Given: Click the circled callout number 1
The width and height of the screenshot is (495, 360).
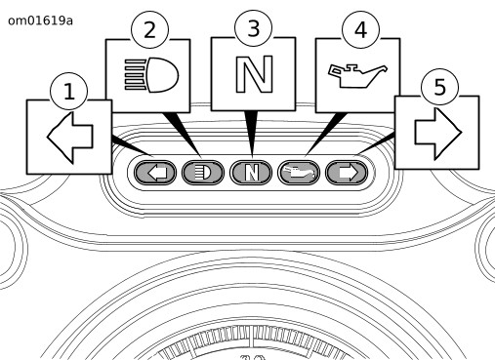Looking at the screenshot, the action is [x=69, y=91].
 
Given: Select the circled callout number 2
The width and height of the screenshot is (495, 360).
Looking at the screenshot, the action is [x=149, y=30].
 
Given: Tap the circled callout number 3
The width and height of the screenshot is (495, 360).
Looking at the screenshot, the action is [x=253, y=28].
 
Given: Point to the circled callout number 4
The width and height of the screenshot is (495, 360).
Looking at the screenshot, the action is [x=360, y=30].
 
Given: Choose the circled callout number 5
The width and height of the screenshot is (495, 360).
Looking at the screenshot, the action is [x=439, y=87].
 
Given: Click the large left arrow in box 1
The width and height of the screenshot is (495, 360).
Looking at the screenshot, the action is [x=70, y=138].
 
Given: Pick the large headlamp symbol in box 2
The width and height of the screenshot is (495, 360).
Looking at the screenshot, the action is [x=151, y=75].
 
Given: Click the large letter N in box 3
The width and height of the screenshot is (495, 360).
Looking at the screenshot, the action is [x=254, y=74].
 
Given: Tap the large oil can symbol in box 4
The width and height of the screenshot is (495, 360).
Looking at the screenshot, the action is [x=357, y=76].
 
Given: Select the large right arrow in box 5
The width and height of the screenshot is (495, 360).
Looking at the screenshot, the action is [x=438, y=134].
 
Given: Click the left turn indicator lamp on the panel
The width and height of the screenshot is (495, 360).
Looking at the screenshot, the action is [x=155, y=173].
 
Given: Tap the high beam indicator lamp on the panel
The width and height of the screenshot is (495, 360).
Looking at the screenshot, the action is [x=203, y=173].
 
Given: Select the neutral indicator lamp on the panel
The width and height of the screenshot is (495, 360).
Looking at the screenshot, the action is [x=251, y=173].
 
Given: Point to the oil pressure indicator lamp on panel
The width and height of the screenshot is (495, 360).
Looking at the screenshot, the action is [x=299, y=173].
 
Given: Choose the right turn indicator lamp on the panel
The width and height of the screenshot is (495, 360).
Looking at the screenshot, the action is [x=347, y=173].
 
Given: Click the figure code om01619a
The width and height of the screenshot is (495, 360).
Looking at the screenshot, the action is [x=40, y=20].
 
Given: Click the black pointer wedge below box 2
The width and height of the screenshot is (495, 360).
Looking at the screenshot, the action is [x=183, y=134].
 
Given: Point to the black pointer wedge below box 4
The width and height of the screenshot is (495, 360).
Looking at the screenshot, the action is [x=325, y=134].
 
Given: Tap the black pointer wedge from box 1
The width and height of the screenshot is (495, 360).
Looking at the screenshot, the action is [x=130, y=145].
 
